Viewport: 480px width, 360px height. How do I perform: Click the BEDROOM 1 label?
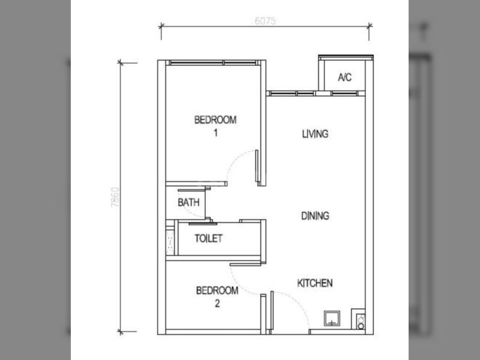point(215,126)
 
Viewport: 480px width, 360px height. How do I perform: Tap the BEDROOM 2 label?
point(217,296)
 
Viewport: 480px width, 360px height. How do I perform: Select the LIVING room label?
point(315,134)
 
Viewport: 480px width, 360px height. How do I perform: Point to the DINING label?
point(316,216)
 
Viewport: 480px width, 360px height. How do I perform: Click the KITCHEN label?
point(315,283)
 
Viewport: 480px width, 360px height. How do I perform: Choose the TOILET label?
point(208,238)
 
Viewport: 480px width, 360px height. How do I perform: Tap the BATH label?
point(188,202)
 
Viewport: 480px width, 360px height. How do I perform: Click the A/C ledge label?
point(344,77)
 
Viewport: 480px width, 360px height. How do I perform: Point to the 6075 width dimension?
point(265,21)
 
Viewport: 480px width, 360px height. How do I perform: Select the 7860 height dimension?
point(115,197)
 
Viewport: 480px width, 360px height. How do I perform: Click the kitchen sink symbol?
point(332,319)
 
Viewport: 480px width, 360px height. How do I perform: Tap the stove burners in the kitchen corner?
point(361,322)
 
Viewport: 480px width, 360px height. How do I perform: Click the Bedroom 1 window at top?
point(213,63)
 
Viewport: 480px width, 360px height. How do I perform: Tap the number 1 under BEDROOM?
point(216,133)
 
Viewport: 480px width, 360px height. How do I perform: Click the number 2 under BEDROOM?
point(217,304)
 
